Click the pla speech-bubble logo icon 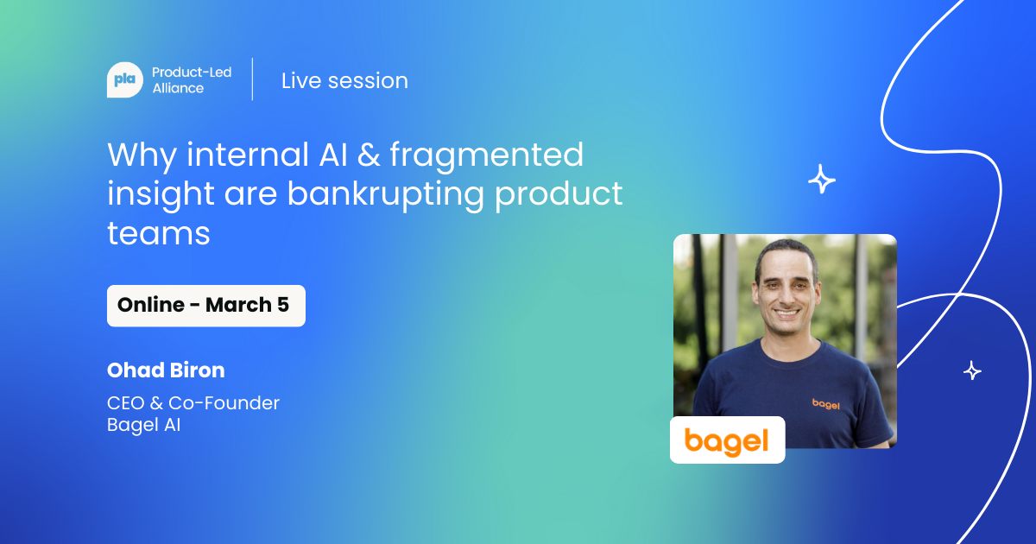(x=124, y=80)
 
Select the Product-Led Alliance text (x=191, y=80)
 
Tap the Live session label (x=344, y=80)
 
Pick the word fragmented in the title (x=486, y=155)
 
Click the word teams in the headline (x=159, y=232)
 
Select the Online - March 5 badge (x=205, y=306)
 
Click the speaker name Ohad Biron (x=166, y=370)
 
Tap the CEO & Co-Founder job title (x=193, y=402)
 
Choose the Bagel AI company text (x=143, y=425)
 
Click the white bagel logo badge (x=727, y=440)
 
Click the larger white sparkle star (x=821, y=180)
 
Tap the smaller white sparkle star (x=972, y=370)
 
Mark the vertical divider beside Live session (x=252, y=79)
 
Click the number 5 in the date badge (x=283, y=306)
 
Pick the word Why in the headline (x=141, y=155)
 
